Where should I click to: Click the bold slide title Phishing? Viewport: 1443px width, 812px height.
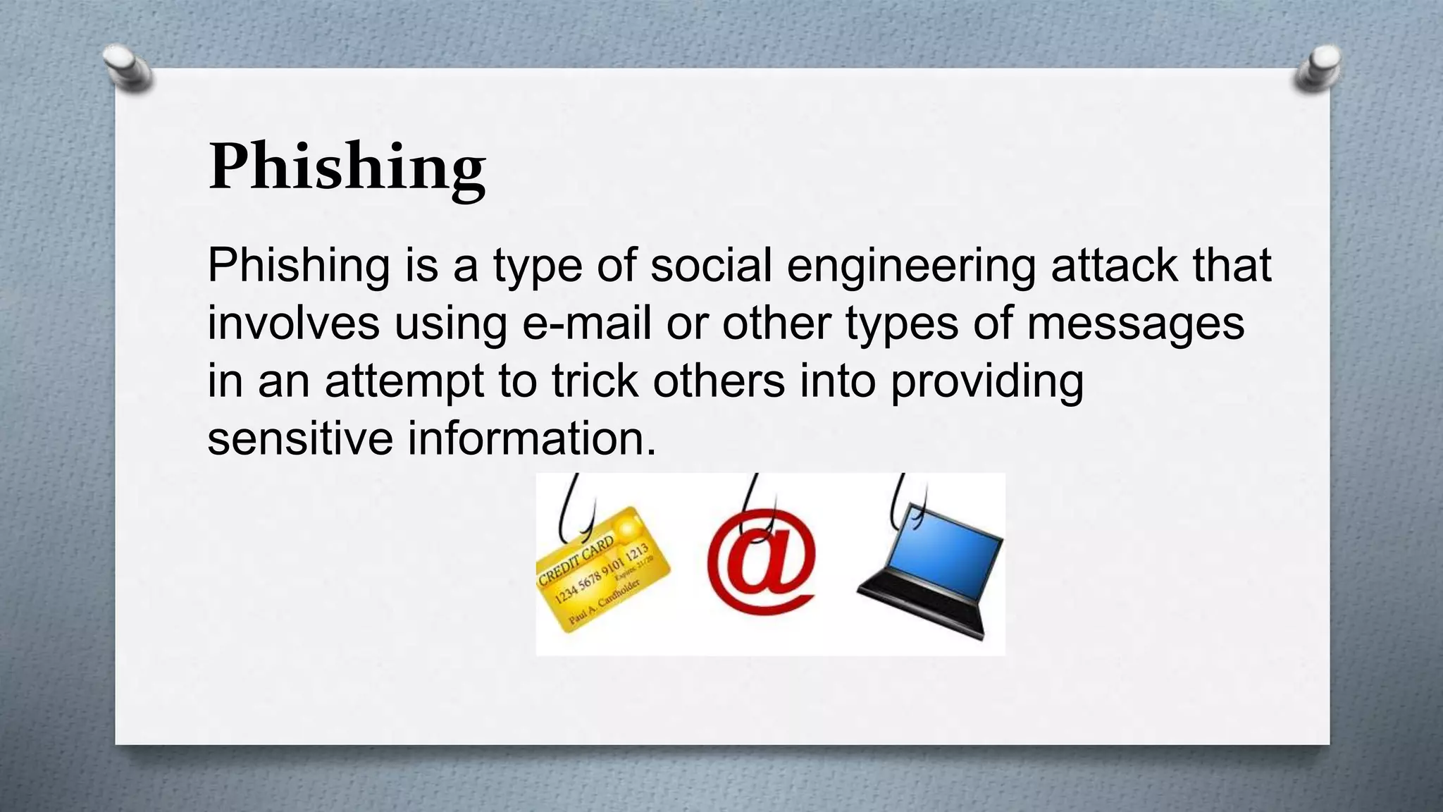[x=347, y=167]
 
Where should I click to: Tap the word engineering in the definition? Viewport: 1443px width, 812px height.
[x=910, y=266]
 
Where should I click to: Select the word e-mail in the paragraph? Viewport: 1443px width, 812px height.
[x=586, y=324]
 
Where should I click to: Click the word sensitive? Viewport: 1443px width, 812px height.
[x=300, y=438]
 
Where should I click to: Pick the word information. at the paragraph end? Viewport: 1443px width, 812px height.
[x=532, y=438]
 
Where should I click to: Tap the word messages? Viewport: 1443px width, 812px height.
[x=1135, y=324]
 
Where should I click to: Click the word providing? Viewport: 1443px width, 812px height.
[x=986, y=382]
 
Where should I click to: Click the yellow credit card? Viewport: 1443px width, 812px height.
[x=603, y=571]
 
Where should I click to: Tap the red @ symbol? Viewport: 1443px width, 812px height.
[x=761, y=564]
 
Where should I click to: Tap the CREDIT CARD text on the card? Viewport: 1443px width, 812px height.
[x=576, y=561]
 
